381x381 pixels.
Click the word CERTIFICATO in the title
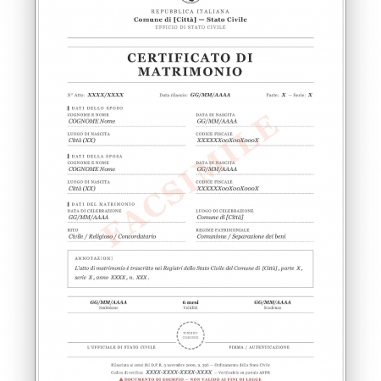pos(190,58)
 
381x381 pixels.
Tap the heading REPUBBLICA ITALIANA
pos(190,10)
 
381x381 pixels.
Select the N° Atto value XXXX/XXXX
pos(106,95)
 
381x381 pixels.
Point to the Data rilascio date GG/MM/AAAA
pos(210,95)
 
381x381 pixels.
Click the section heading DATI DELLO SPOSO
pos(100,108)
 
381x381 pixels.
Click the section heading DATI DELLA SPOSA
pos(100,156)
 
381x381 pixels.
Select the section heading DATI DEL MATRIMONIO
pos(103,203)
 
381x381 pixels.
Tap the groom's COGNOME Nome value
pos(91,122)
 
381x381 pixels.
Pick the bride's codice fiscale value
pos(228,188)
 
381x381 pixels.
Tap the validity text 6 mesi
pos(190,302)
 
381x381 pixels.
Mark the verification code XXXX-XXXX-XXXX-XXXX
pos(179,372)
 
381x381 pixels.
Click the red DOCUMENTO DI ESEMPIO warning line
pos(190,378)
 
